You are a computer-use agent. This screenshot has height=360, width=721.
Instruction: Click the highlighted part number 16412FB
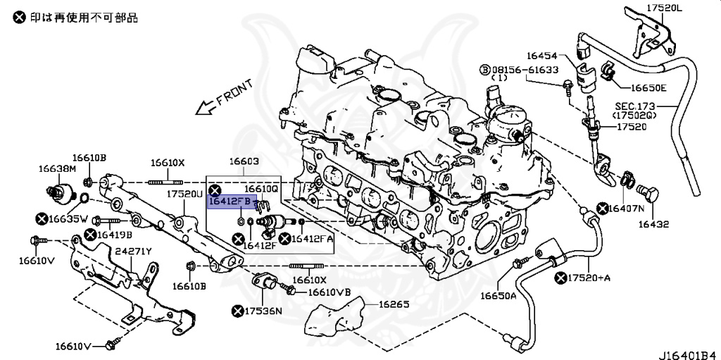pyautogui.click(x=230, y=201)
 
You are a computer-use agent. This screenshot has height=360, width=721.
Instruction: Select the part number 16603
pyautogui.click(x=244, y=161)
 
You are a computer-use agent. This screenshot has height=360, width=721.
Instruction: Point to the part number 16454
pyautogui.click(x=541, y=56)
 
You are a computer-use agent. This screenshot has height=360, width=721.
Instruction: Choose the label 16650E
pyautogui.click(x=648, y=88)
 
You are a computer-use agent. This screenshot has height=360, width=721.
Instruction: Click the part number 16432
pyautogui.click(x=653, y=224)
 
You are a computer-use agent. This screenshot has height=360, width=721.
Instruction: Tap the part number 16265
pyautogui.click(x=394, y=304)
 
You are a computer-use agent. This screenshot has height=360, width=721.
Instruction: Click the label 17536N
pyautogui.click(x=263, y=311)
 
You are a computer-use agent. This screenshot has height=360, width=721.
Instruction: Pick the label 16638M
pyautogui.click(x=57, y=169)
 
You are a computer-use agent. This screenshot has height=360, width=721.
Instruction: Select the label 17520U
pyautogui.click(x=184, y=194)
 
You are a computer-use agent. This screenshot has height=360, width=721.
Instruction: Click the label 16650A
pyautogui.click(x=499, y=295)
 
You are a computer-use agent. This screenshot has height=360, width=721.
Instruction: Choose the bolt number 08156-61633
pyautogui.click(x=525, y=70)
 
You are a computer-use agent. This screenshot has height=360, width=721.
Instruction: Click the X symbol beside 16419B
pyautogui.click(x=90, y=235)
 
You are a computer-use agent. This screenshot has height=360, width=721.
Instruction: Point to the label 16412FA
pyautogui.click(x=313, y=238)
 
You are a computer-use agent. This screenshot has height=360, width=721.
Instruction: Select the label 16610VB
pyautogui.click(x=329, y=292)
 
